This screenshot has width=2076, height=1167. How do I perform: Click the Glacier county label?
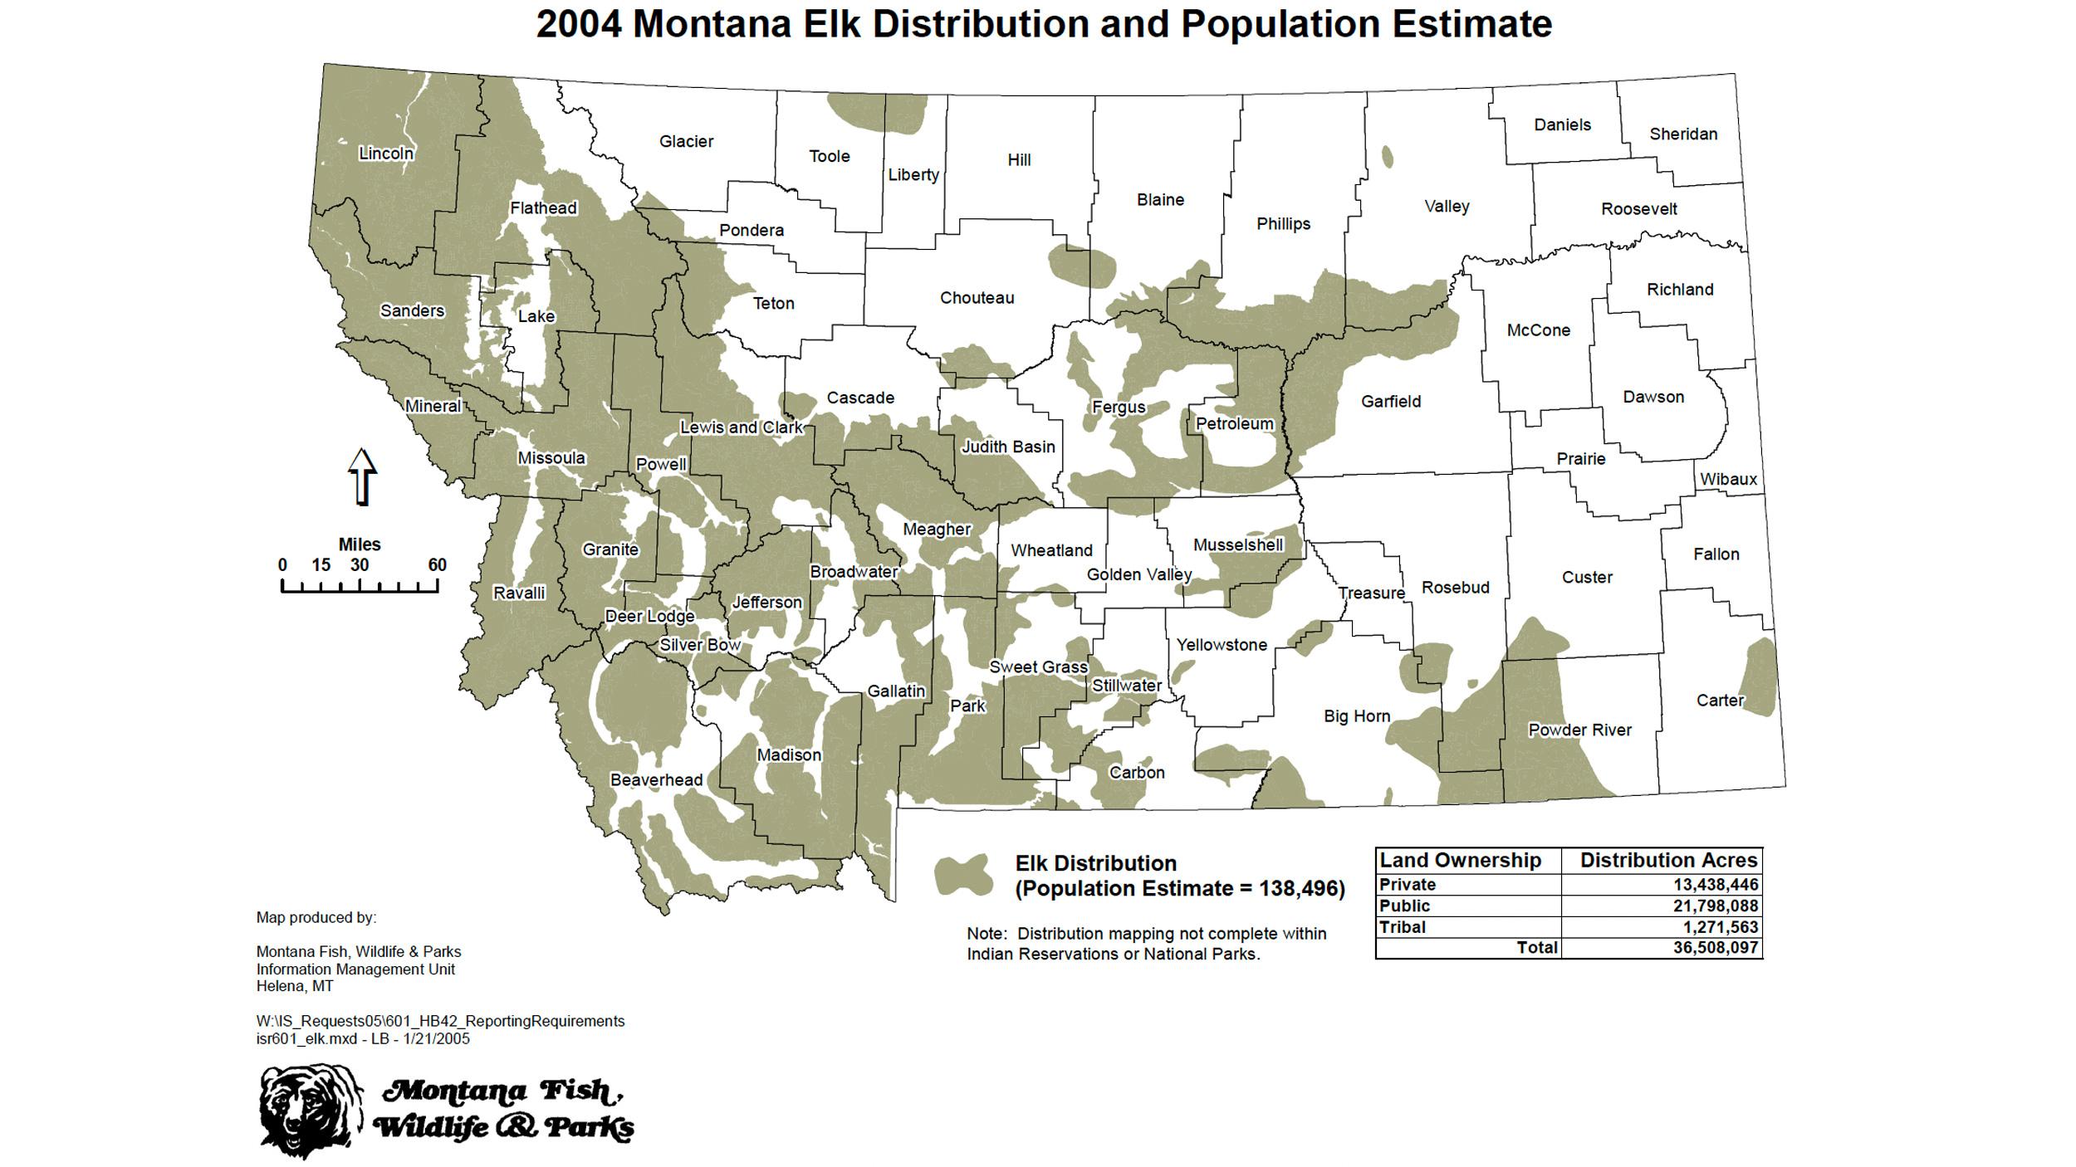coord(686,141)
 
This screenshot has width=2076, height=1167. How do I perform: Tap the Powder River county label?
coord(1579,730)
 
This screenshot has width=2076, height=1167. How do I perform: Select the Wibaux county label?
coord(1728,479)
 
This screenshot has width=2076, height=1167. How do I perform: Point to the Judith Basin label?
coord(1007,447)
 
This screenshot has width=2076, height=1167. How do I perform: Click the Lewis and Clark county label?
coord(741,427)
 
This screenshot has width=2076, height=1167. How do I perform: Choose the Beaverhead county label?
coord(656,779)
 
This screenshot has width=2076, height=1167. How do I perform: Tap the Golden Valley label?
coord(1138,574)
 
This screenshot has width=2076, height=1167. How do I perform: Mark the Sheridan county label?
coord(1682,134)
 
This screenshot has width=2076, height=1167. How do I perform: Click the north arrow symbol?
coord(361,476)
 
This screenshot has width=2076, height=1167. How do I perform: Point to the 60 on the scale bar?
coord(437,565)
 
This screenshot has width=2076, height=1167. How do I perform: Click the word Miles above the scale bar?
coord(359,544)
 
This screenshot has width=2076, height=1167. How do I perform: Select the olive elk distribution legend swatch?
coord(963,875)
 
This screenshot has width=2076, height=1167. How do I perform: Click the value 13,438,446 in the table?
coord(1715,884)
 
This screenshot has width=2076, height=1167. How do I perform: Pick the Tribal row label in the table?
coord(1402,926)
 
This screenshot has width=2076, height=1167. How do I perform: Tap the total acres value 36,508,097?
coord(1715,947)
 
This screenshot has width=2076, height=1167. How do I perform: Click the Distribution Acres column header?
coord(1667,860)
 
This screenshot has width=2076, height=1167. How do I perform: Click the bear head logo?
coord(310,1111)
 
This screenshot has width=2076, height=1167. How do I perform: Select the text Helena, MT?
coord(294,986)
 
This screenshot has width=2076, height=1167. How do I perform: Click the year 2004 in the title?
coord(578,23)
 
